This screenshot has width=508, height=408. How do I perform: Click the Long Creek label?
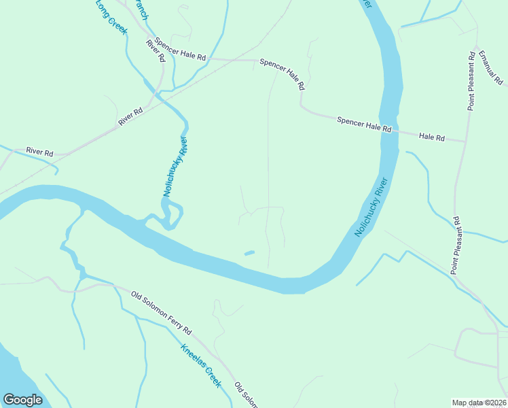point(111,17)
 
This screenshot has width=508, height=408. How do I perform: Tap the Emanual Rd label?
point(490,67)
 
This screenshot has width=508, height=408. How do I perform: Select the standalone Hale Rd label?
point(431,137)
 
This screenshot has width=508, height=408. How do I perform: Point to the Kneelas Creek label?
point(201,366)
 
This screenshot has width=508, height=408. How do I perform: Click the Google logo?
point(22,400)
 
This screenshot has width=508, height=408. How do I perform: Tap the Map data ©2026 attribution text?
point(479,403)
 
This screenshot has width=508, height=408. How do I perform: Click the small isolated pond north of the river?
point(249,254)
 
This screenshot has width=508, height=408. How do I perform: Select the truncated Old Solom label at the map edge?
point(247,395)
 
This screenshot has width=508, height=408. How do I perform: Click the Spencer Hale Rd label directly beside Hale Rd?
point(365,124)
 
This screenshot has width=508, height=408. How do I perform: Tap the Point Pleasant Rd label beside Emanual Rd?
point(471,80)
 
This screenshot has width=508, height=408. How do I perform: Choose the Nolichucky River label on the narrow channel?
point(175,167)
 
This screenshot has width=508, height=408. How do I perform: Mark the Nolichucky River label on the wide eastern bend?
point(371,207)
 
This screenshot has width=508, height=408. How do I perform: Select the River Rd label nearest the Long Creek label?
point(156,51)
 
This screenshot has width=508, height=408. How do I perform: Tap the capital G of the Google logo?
point(8,400)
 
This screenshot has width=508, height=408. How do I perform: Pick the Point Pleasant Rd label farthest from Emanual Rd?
point(458,246)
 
